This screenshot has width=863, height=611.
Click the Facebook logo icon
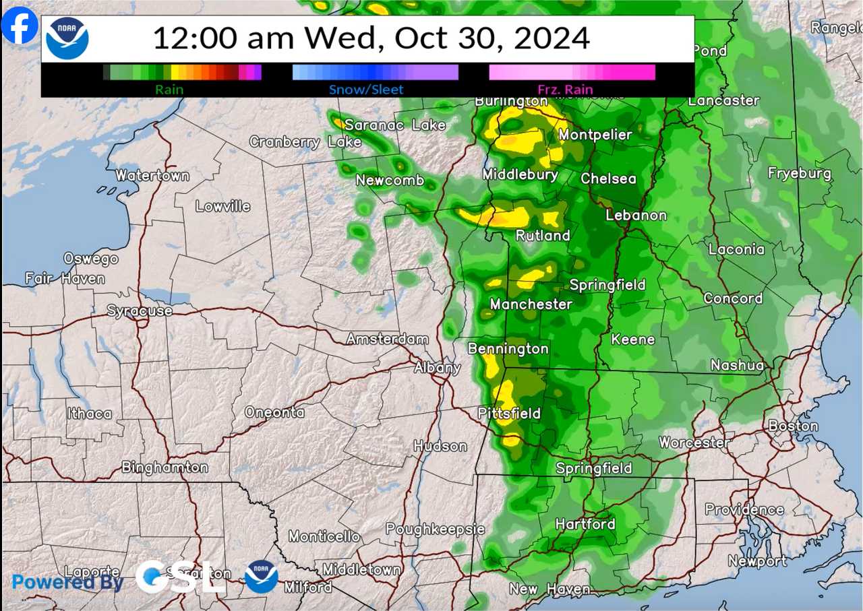pyautogui.click(x=20, y=25)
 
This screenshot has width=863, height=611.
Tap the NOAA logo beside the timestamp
pyautogui.click(x=67, y=38)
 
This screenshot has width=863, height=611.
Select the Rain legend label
pyautogui.click(x=169, y=89)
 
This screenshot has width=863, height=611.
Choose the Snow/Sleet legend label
pyautogui.click(x=366, y=89)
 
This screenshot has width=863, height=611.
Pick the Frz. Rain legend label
pyautogui.click(x=565, y=89)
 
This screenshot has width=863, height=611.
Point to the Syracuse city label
pyautogui.click(x=140, y=311)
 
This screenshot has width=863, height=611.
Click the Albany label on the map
pyautogui.click(x=437, y=367)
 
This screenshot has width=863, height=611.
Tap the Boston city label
pyautogui.click(x=793, y=426)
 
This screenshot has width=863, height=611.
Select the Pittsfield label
pyautogui.click(x=509, y=413)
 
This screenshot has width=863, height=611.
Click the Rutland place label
pyautogui.click(x=543, y=235)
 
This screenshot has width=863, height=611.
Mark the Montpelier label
pyautogui.click(x=595, y=135)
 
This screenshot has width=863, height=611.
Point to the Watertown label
pyautogui.click(x=152, y=175)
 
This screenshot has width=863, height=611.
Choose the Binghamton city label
pyautogui.click(x=165, y=467)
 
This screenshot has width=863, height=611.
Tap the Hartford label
pyautogui.click(x=585, y=523)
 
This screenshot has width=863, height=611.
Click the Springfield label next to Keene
pyautogui.click(x=607, y=285)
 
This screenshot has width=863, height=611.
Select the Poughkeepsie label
pyautogui.click(x=435, y=529)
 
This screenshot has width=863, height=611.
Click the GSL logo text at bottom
pyautogui.click(x=180, y=577)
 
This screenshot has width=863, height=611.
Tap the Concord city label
pyautogui.click(x=733, y=298)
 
